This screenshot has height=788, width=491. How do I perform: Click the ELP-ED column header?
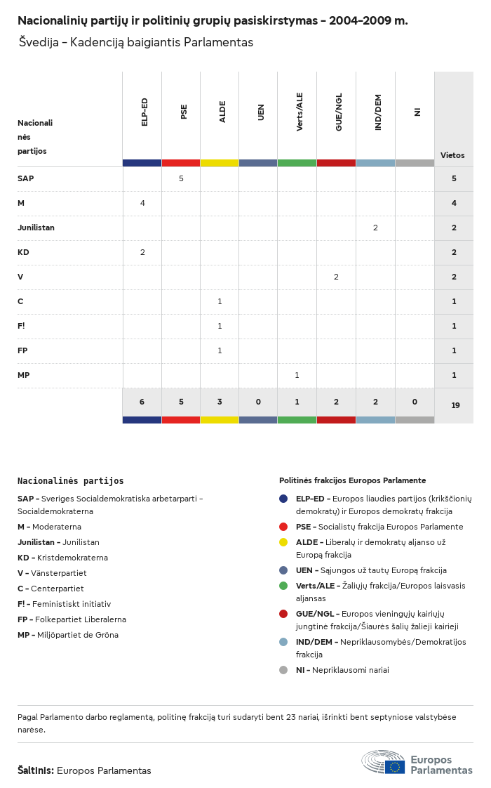click(x=144, y=112)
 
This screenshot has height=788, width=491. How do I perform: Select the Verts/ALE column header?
click(x=300, y=112)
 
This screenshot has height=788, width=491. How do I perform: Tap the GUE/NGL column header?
click(x=339, y=112)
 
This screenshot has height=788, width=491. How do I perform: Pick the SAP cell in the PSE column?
click(x=181, y=178)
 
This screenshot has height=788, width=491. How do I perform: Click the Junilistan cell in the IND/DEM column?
click(x=375, y=228)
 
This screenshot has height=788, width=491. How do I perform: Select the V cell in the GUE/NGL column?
click(x=336, y=277)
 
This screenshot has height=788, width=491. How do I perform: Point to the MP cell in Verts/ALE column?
click(x=297, y=375)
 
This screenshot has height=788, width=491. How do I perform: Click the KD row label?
click(x=23, y=252)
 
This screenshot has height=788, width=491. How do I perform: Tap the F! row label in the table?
click(x=22, y=326)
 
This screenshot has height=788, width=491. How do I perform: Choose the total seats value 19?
click(x=455, y=405)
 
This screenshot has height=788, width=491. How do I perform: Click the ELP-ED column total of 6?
click(x=142, y=402)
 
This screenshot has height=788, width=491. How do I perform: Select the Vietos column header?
click(x=452, y=155)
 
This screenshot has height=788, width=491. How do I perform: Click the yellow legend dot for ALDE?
click(x=283, y=542)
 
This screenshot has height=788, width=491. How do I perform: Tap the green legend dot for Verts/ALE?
click(x=283, y=586)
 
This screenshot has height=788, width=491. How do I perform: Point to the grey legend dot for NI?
click(x=283, y=670)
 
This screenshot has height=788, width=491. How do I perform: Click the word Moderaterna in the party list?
click(x=57, y=527)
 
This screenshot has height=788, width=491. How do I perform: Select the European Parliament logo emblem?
click(x=384, y=762)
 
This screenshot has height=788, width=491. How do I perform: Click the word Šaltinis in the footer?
click(x=35, y=770)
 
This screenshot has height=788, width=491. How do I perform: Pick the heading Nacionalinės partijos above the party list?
click(x=70, y=481)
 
